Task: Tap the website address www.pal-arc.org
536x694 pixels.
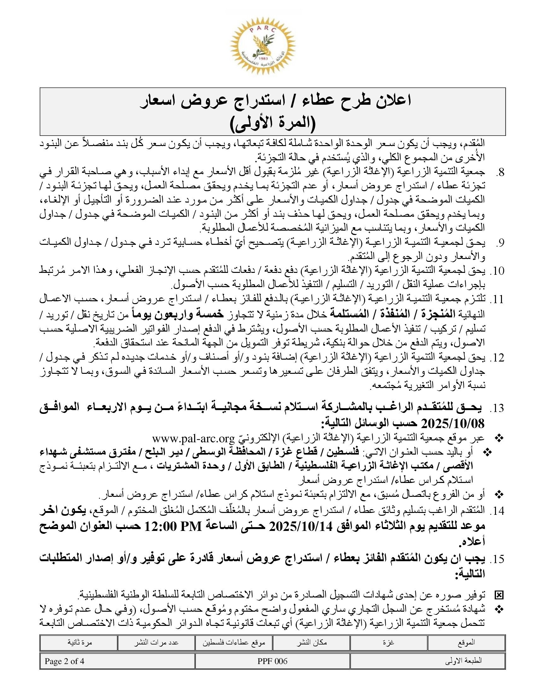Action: [193, 438]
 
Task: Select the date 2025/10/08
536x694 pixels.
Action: [452, 424]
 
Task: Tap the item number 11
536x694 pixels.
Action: [498, 299]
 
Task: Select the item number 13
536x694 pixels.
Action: [498, 408]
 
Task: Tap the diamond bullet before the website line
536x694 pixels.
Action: [499, 438]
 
